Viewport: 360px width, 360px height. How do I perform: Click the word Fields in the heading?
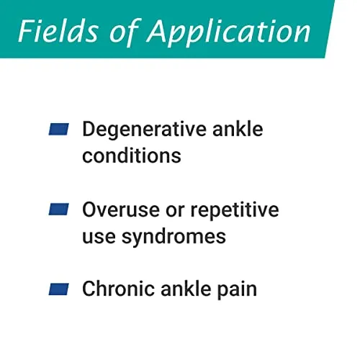(58, 31)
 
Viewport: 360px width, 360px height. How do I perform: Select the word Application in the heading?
(229, 33)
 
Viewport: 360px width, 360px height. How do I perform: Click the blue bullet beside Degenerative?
(59, 129)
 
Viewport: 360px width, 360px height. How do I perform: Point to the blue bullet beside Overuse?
(59, 209)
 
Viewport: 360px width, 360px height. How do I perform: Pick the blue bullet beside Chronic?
(59, 289)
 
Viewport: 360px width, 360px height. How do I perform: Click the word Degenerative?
(144, 130)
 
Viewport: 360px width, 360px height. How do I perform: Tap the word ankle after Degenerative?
(238, 129)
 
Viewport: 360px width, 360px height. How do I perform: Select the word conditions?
(132, 156)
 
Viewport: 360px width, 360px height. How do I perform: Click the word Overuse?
(121, 210)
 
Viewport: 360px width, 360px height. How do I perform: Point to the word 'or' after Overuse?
(175, 212)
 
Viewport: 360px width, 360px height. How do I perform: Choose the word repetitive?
(235, 211)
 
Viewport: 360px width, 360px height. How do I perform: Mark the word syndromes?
(174, 237)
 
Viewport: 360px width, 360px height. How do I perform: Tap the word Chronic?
(118, 289)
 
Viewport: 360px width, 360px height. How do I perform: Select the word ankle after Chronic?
(186, 289)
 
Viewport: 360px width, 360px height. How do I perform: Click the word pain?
(237, 290)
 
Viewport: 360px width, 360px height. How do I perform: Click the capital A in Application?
(159, 31)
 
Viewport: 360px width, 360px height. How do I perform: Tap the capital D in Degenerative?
(89, 129)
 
